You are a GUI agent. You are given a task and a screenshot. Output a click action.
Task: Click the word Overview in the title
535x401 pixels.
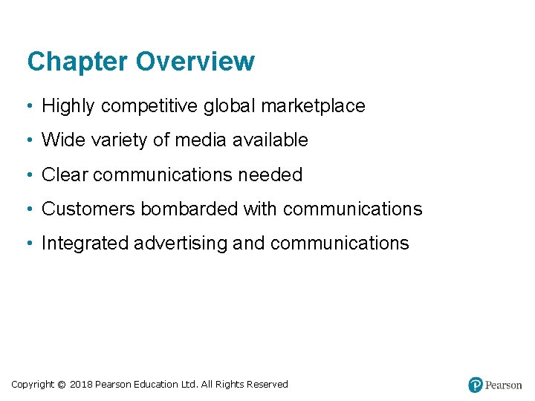point(195,62)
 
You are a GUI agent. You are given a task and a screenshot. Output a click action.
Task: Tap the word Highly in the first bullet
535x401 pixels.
point(68,106)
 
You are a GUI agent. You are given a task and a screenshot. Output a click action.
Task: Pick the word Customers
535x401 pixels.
point(88,209)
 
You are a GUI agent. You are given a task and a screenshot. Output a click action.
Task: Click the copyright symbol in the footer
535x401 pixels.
point(62,385)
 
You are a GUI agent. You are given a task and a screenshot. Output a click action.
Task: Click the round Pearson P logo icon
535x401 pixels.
point(476,385)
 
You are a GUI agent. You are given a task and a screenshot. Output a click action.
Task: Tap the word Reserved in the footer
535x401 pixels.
point(267,385)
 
